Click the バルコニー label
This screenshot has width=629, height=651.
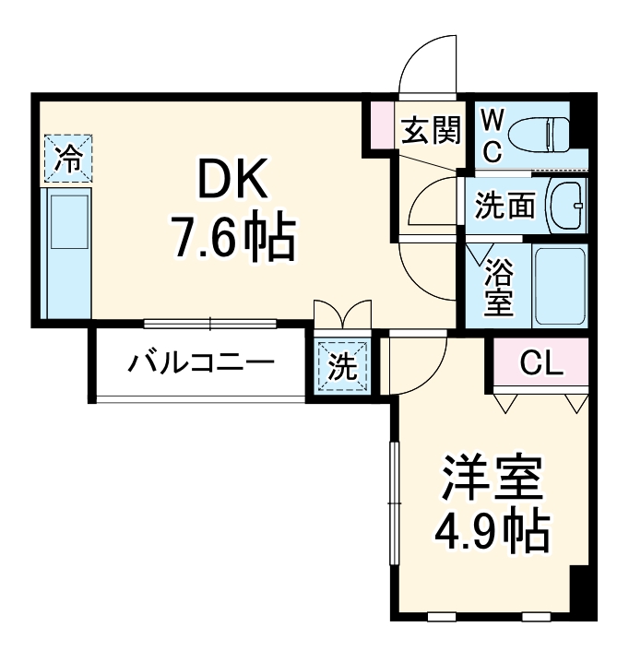(201, 362)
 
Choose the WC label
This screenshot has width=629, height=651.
(492, 136)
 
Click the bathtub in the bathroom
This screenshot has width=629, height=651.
(560, 285)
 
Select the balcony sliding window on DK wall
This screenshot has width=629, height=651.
(210, 324)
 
